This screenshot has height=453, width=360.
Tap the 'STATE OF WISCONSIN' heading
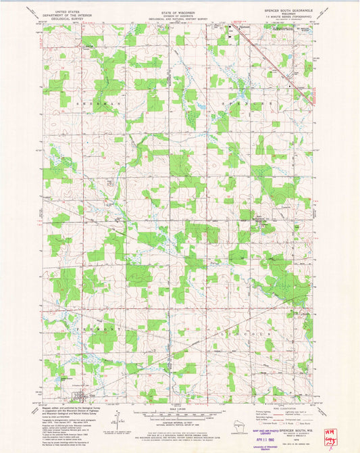coord(179,12)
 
